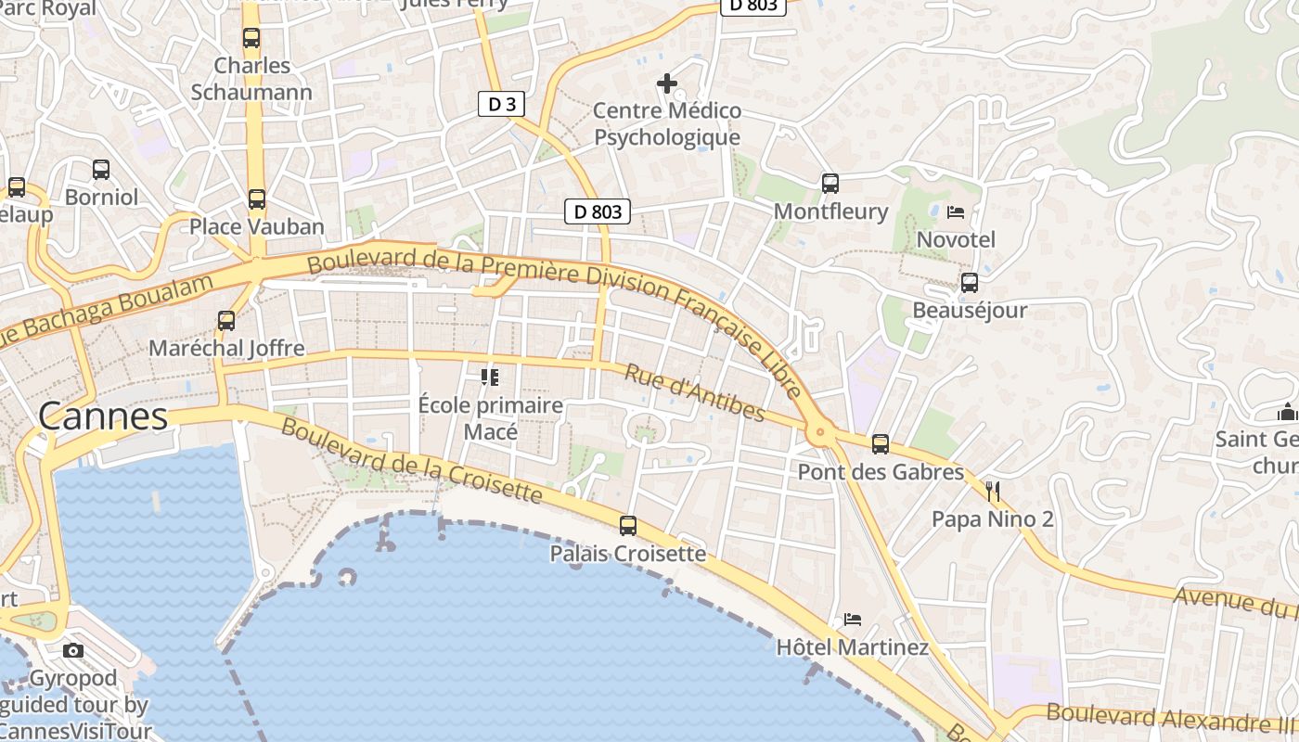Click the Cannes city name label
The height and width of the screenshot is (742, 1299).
pos(103,416)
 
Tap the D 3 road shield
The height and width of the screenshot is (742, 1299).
pos(501,104)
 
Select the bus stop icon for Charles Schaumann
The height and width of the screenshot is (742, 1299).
pos(251,38)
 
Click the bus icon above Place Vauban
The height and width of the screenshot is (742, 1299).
pos(257,199)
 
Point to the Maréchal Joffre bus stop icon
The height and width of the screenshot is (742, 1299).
pos(226,321)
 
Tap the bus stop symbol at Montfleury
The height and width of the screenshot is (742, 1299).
pos(830,184)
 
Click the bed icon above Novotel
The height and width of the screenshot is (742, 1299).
pos(956,212)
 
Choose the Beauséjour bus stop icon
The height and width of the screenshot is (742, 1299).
pos(970,283)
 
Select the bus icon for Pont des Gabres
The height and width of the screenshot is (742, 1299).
pos(881,444)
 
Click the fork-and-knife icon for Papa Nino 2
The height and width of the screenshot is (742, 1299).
pos(993,491)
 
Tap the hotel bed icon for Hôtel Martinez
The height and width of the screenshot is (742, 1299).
pos(853,619)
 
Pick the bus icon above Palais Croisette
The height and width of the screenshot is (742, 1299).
pos(628,526)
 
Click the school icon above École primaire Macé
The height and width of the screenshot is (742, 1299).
pos(489,377)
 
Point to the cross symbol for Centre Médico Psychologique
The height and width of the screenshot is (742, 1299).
pos(666,83)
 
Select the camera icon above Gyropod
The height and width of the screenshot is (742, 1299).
pos(73,650)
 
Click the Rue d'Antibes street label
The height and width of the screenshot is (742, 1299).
pos(694,392)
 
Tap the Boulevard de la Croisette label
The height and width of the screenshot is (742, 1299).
pos(411,460)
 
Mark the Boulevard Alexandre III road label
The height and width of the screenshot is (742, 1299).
pos(1169,717)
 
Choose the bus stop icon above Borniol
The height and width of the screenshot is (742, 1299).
pos(101,170)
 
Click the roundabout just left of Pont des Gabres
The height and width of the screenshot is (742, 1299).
pos(818,431)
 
